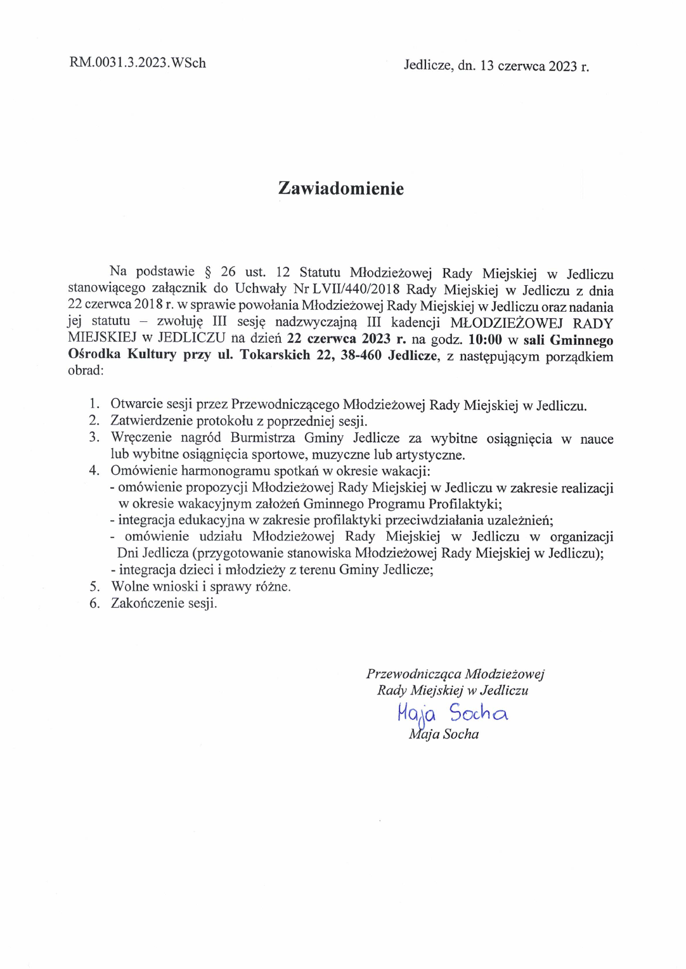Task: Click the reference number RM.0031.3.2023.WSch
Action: pos(138,63)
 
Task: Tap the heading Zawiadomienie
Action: pos(341,188)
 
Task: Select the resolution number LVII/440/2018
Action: pos(356,290)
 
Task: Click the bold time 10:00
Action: pos(485,340)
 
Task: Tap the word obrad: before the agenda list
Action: pos(86,371)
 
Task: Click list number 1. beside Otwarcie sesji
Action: pos(94,404)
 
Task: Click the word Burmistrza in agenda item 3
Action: pos(263,438)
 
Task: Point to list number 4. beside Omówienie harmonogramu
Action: pos(94,471)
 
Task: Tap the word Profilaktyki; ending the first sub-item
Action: pos(465,504)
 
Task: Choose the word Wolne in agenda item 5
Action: pos(131,587)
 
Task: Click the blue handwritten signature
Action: pos(452,714)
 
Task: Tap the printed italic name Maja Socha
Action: pos(444,735)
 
